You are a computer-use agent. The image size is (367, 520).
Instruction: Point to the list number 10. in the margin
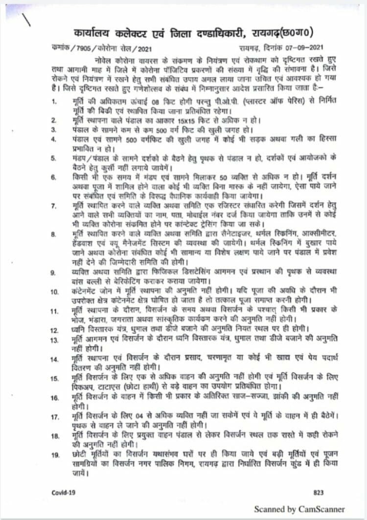pos(54,292)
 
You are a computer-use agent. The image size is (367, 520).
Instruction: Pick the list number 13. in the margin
pos(54,339)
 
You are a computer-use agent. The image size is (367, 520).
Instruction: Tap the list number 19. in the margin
pos(54,455)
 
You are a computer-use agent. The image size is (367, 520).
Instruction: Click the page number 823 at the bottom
pos(318,492)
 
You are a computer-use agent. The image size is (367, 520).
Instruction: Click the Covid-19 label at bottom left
pos(64,492)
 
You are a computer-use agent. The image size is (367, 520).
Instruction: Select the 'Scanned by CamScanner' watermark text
pos(299,509)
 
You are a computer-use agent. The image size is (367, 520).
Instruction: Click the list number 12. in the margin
pos(54,330)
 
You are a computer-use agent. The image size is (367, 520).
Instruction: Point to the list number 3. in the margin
pos(55,130)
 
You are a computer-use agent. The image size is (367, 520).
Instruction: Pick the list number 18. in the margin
pos(54,435)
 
